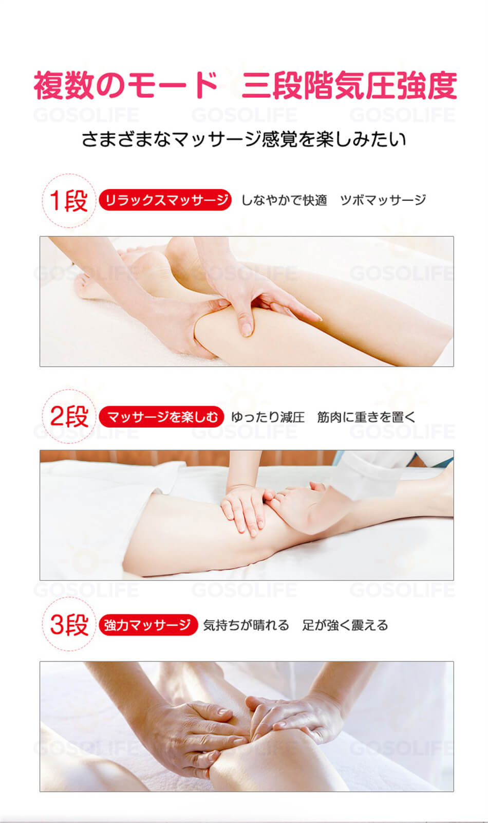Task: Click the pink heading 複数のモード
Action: (125, 85)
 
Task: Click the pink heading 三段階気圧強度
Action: (349, 85)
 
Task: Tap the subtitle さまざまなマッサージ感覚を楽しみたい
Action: (244, 139)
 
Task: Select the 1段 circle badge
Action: (69, 200)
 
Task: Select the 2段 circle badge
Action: (69, 416)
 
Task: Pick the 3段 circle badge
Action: (69, 624)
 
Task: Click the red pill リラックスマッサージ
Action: (165, 200)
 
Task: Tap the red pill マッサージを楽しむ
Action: (162, 417)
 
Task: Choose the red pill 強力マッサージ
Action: (148, 625)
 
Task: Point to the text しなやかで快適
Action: (284, 200)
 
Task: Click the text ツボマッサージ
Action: (383, 200)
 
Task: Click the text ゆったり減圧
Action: (268, 417)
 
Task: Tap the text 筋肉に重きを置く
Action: (366, 417)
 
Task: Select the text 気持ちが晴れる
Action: (246, 625)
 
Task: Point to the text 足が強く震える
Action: (345, 625)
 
